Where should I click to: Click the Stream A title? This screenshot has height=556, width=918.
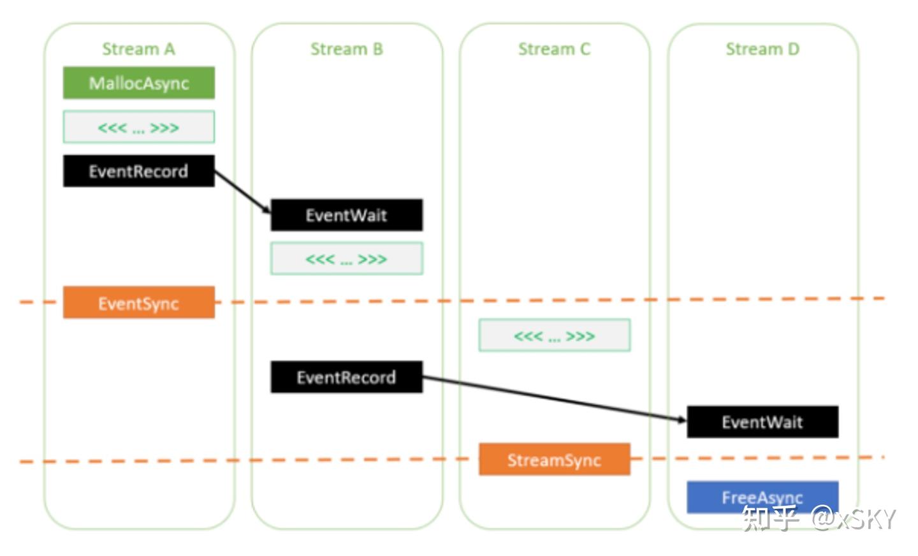point(138,49)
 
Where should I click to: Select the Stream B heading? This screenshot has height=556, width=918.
point(346,49)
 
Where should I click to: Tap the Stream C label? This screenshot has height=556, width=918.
point(554,49)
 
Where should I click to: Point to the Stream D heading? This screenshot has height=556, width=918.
point(762,49)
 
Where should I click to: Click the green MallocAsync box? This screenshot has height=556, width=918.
point(138,83)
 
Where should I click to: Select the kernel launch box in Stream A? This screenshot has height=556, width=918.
point(138,128)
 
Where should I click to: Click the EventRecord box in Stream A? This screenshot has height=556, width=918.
point(138,171)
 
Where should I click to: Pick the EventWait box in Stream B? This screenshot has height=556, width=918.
point(346,215)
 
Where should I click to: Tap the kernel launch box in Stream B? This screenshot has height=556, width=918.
point(346,259)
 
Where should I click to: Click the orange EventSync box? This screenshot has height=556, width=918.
point(138,303)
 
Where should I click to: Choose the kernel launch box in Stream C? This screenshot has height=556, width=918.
point(554,335)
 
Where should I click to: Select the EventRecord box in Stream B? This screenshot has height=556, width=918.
point(346,377)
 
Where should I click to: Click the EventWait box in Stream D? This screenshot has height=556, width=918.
point(762,422)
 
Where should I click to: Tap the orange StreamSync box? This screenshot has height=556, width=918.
point(554,460)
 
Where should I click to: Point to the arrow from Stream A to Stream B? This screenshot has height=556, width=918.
point(242,192)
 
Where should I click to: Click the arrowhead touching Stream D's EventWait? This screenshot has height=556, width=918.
point(681,419)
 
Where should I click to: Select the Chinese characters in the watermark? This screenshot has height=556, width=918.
point(770,518)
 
